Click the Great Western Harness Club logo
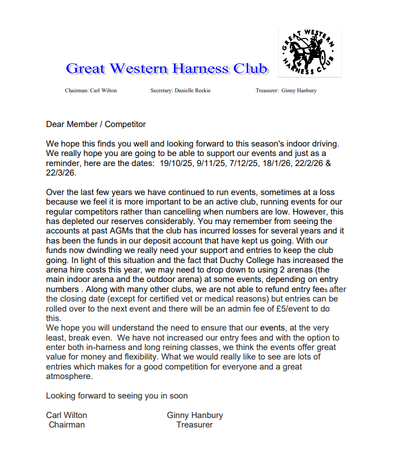point(309,52)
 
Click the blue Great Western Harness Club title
point(166,69)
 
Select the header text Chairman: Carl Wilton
point(91,91)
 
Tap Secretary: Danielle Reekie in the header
point(180,91)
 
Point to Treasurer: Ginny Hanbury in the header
point(286,91)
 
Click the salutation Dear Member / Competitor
point(96,124)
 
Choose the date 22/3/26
point(61,172)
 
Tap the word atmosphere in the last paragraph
point(69,376)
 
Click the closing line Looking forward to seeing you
point(116,395)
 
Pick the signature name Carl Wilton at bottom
point(67,415)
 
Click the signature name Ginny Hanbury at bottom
point(195,415)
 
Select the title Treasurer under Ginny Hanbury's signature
point(194,424)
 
